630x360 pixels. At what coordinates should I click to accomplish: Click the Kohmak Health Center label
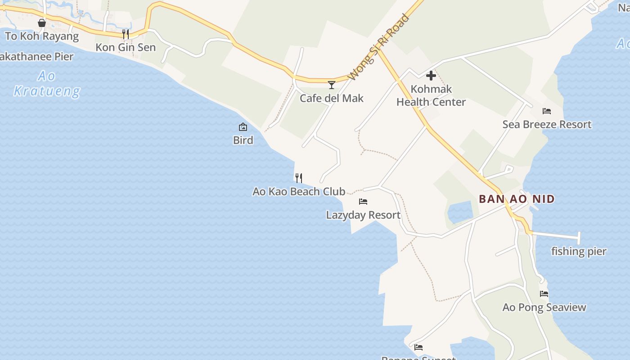(431, 95)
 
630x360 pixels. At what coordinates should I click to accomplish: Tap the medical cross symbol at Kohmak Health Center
(431, 76)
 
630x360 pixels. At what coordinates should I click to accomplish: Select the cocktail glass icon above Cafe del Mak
(332, 85)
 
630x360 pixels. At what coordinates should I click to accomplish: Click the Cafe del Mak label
(332, 98)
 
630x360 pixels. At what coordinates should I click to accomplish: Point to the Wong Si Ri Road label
(379, 47)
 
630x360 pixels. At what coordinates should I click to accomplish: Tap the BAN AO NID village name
(517, 199)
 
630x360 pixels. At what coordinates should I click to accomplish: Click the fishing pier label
(579, 251)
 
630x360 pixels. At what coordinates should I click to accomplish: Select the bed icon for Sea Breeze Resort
(547, 111)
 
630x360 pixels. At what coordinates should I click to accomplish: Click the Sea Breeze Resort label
(547, 124)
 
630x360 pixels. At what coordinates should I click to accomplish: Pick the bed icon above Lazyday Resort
(363, 202)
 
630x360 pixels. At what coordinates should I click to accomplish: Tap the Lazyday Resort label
(363, 215)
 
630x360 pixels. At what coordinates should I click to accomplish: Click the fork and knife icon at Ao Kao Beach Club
(299, 178)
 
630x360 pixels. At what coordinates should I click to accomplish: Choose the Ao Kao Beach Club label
(299, 191)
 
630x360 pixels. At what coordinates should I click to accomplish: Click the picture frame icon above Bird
(243, 127)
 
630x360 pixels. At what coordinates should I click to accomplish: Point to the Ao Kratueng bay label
(47, 84)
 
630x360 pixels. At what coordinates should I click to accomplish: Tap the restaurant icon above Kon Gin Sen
(126, 34)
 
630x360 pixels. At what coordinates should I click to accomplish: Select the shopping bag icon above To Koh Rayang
(42, 22)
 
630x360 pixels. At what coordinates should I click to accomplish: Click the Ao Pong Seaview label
(544, 307)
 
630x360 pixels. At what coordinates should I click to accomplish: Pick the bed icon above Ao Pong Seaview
(544, 294)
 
